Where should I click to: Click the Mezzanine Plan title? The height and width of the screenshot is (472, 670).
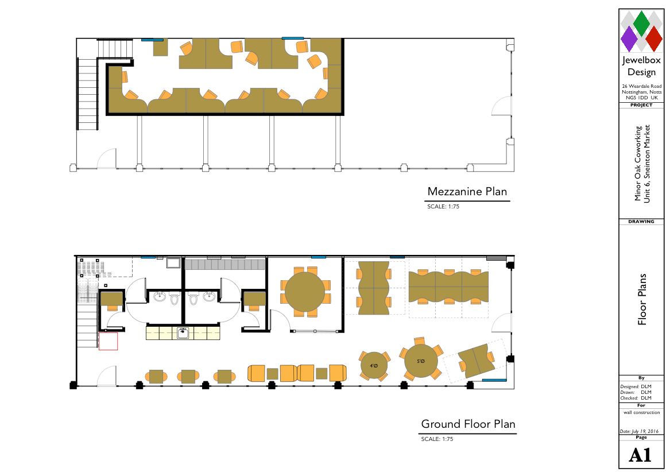pyautogui.click(x=467, y=192)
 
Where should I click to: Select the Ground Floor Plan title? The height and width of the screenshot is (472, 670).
pyautogui.click(x=468, y=424)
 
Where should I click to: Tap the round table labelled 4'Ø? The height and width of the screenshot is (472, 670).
pyautogui.click(x=374, y=366)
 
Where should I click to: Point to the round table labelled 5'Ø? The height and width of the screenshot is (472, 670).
pyautogui.click(x=421, y=361)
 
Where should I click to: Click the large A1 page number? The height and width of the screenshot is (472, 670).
pyautogui.click(x=640, y=455)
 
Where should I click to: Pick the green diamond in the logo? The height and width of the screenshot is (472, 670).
pyautogui.click(x=641, y=24)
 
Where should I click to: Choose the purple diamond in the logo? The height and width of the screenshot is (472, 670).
pyautogui.click(x=629, y=38)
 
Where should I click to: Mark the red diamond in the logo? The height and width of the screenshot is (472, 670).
pyautogui.click(x=654, y=38)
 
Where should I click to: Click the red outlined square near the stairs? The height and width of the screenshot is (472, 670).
pyautogui.click(x=108, y=341)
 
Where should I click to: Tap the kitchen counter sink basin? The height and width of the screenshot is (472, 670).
pyautogui.click(x=183, y=332)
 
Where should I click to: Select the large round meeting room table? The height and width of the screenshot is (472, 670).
pyautogui.click(x=305, y=293)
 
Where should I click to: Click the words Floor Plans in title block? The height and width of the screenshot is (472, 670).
pyautogui.click(x=642, y=299)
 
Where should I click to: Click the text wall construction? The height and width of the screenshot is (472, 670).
pyautogui.click(x=641, y=413)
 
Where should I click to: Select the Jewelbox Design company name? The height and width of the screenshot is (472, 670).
pyautogui.click(x=641, y=66)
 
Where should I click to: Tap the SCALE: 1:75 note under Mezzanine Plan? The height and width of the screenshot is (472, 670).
pyautogui.click(x=443, y=207)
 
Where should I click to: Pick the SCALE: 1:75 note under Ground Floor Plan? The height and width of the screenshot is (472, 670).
pyautogui.click(x=437, y=439)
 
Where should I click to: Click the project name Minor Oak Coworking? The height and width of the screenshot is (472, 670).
pyautogui.click(x=638, y=163)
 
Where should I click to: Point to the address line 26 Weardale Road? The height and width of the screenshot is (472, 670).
pyautogui.click(x=641, y=86)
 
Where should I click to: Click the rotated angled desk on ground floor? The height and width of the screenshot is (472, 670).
pyautogui.click(x=475, y=361)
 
